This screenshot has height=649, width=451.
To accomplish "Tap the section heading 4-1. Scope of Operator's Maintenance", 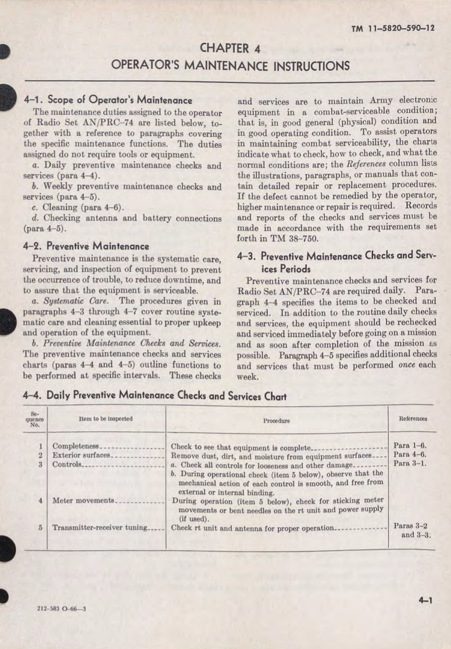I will [x=108, y=99].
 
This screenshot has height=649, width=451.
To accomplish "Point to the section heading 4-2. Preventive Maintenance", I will [x=86, y=246].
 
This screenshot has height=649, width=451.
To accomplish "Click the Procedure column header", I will [x=277, y=420].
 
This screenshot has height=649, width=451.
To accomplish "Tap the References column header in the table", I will [x=413, y=418].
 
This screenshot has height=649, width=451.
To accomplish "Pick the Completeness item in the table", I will [x=76, y=446].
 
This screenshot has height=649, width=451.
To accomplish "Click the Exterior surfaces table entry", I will [x=81, y=456].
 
